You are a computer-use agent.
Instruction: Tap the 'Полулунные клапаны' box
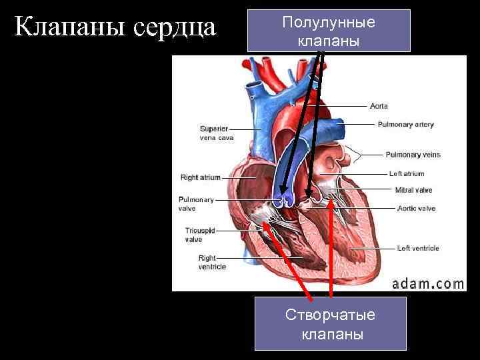click(x=329, y=31)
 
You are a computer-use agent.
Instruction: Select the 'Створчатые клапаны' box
click(x=330, y=323)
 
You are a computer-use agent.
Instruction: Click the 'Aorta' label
click(x=379, y=106)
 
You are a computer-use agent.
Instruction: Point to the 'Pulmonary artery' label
click(x=405, y=124)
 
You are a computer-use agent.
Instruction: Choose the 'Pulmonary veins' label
click(x=413, y=155)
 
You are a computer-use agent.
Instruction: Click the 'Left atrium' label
click(x=407, y=174)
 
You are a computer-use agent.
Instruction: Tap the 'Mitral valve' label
click(x=413, y=190)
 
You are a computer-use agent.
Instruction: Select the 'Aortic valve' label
click(x=416, y=209)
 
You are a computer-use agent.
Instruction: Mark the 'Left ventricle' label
click(x=418, y=249)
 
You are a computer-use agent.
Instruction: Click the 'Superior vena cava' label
click(x=217, y=133)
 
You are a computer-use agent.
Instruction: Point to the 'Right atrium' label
click(x=200, y=178)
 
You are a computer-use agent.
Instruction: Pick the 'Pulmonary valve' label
click(x=196, y=204)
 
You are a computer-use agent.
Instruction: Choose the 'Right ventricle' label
click(x=212, y=263)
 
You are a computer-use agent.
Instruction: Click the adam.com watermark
click(x=427, y=283)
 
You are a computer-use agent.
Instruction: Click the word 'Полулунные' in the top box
click(x=329, y=22)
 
